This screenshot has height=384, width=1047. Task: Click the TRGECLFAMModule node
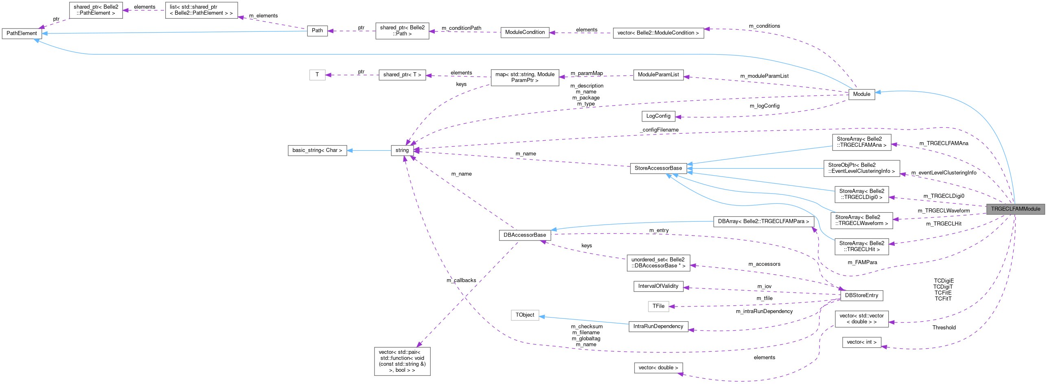point(1015,209)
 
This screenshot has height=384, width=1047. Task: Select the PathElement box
point(22,33)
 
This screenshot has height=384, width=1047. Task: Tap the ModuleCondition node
point(525,33)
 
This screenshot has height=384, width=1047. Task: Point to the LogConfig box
point(658,116)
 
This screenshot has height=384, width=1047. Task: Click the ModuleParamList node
point(658,75)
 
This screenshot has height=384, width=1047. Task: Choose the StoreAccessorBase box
point(658,168)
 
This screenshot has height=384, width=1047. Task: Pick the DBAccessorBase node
point(525,235)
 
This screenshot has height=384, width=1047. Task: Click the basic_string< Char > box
point(317,150)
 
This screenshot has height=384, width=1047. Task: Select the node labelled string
point(402,150)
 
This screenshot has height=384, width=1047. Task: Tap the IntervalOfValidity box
point(658,286)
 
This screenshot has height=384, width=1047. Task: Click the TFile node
point(658,306)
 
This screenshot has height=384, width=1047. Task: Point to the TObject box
point(525,315)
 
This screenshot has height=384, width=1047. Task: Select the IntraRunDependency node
point(658,327)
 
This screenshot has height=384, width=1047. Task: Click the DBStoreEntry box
point(861,296)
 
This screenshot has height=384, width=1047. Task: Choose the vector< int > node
point(861,342)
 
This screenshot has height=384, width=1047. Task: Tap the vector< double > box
point(658,368)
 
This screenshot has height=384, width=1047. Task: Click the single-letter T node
point(317,75)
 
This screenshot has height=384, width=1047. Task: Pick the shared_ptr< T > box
point(402,75)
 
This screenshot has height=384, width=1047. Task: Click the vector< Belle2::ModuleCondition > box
point(658,33)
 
